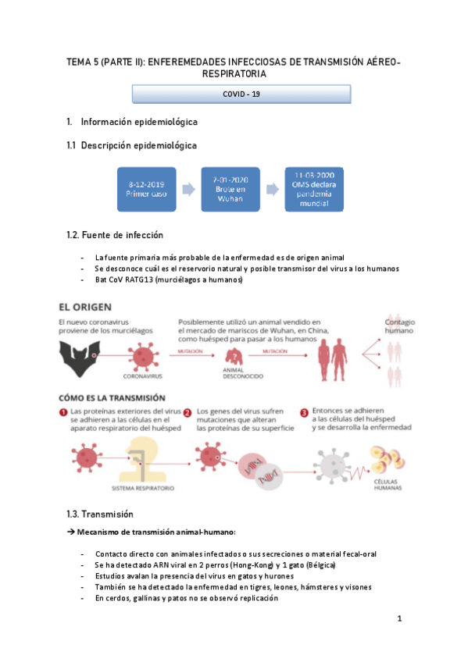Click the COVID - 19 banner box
tap(241, 94)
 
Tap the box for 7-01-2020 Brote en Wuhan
tap(229, 189)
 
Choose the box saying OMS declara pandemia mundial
tap(314, 189)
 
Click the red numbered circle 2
tap(188, 411)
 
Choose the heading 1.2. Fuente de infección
tap(115, 235)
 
